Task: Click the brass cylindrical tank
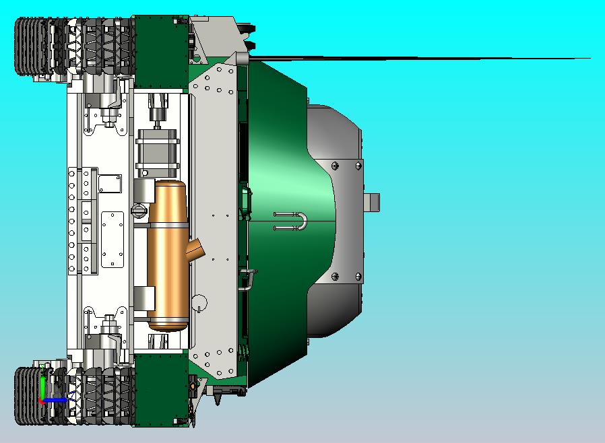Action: pos(166,256)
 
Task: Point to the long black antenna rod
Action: pos(418,59)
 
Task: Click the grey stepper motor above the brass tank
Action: pos(158,149)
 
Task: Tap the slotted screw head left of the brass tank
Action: pos(139,211)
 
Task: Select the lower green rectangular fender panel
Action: pos(160,390)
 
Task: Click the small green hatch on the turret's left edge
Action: pos(245,201)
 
